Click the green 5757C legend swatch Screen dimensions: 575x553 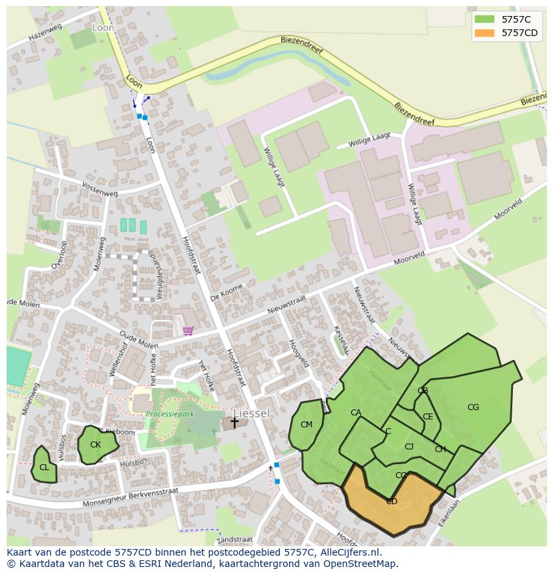[484, 19]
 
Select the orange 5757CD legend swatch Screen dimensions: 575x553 [484, 33]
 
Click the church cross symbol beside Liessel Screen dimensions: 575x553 [234, 421]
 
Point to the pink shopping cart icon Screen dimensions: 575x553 [188, 330]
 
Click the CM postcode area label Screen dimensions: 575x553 [307, 425]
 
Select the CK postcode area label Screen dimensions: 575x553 [96, 445]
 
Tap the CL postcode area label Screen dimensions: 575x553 [44, 467]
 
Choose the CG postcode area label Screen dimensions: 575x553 [473, 407]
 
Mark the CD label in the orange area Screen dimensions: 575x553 [391, 502]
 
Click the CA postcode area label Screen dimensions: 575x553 [356, 413]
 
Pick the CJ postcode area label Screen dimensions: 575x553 [409, 447]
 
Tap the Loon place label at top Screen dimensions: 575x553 [103, 28]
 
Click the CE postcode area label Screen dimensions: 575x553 [427, 417]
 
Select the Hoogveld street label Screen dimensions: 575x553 [298, 352]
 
